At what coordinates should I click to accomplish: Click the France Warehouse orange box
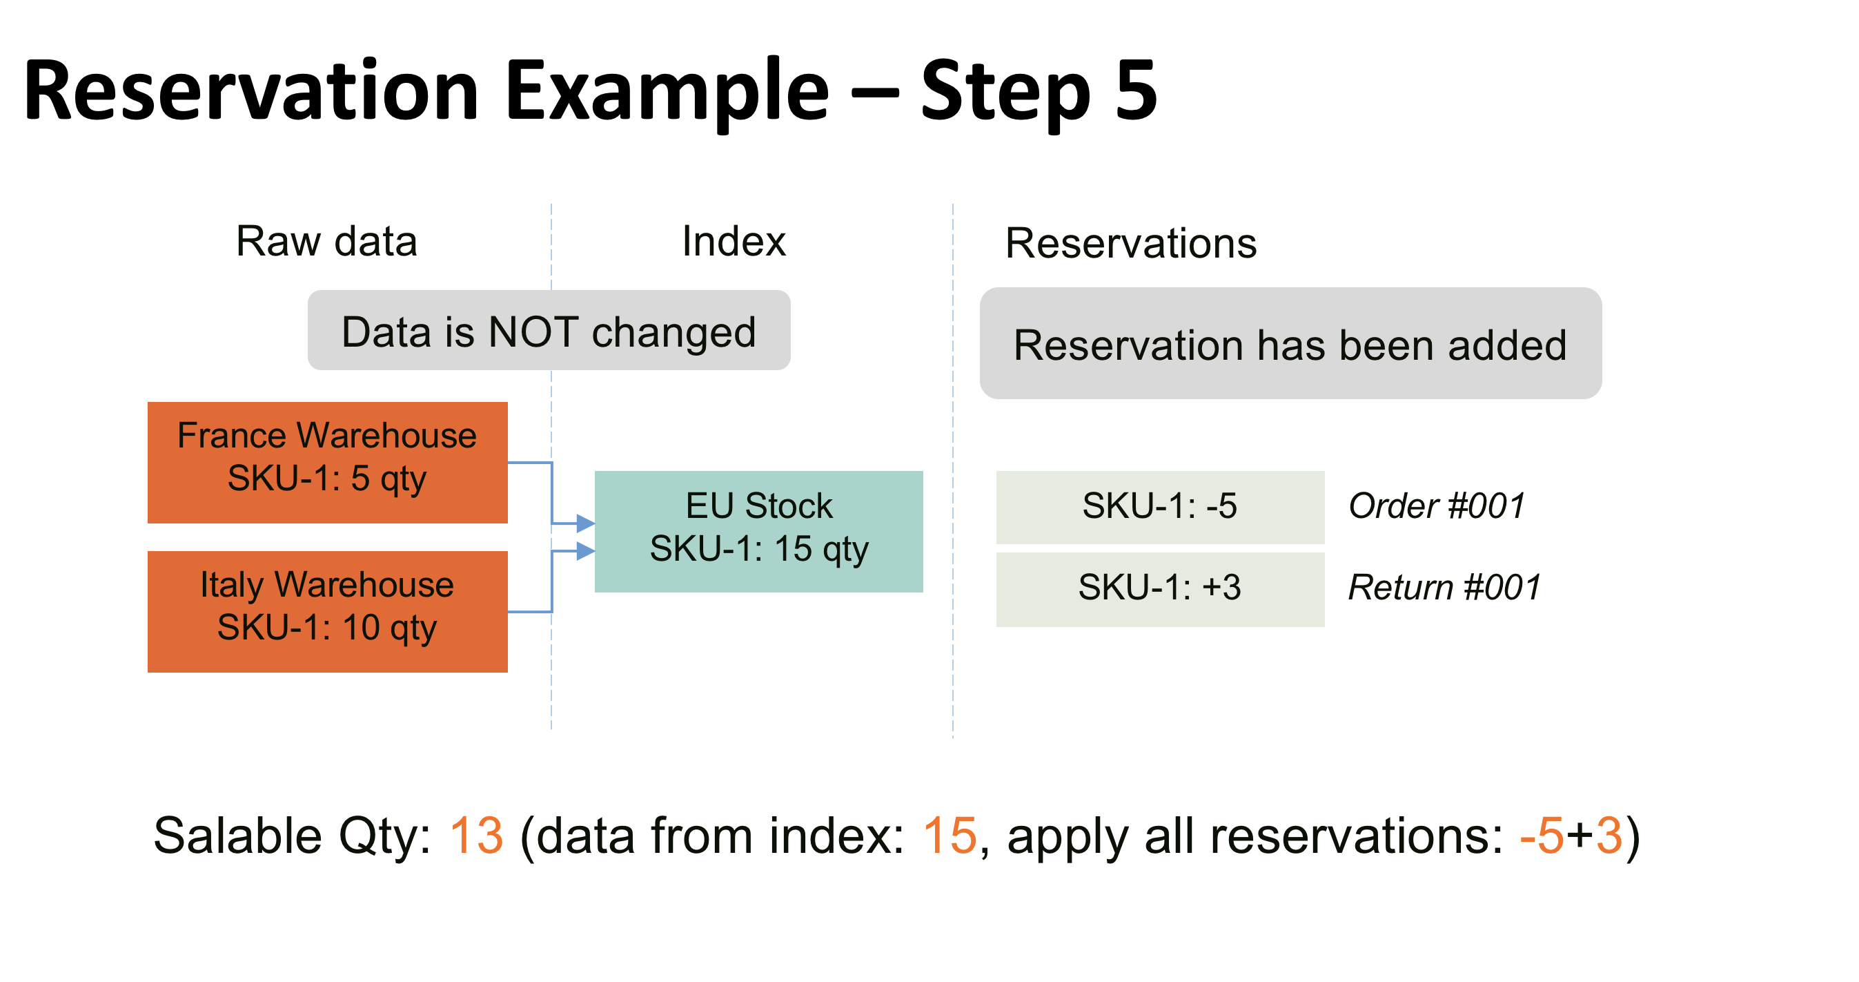click(x=327, y=462)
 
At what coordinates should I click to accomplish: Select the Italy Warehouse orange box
click(x=327, y=612)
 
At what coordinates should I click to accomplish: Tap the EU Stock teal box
click(x=758, y=532)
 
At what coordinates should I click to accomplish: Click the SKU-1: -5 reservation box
click(x=1160, y=507)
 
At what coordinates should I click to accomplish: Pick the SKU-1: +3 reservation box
click(x=1160, y=588)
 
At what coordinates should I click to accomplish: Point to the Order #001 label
click(x=1436, y=506)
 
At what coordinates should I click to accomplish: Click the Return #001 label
click(x=1444, y=587)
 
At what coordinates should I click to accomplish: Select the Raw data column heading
click(x=326, y=241)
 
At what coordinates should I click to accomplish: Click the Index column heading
click(x=734, y=241)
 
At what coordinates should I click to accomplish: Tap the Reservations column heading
click(x=1130, y=243)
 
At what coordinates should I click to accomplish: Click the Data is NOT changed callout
click(x=549, y=331)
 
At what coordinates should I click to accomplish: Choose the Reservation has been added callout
click(x=1290, y=344)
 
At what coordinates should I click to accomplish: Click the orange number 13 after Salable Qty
click(x=475, y=836)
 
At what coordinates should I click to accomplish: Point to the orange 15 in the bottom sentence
click(x=949, y=836)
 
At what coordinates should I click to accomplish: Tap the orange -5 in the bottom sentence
click(x=1541, y=836)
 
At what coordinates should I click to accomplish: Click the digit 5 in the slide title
click(x=1135, y=90)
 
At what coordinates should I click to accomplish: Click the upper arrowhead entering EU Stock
click(x=585, y=523)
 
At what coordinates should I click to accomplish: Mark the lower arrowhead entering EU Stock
click(x=585, y=552)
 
